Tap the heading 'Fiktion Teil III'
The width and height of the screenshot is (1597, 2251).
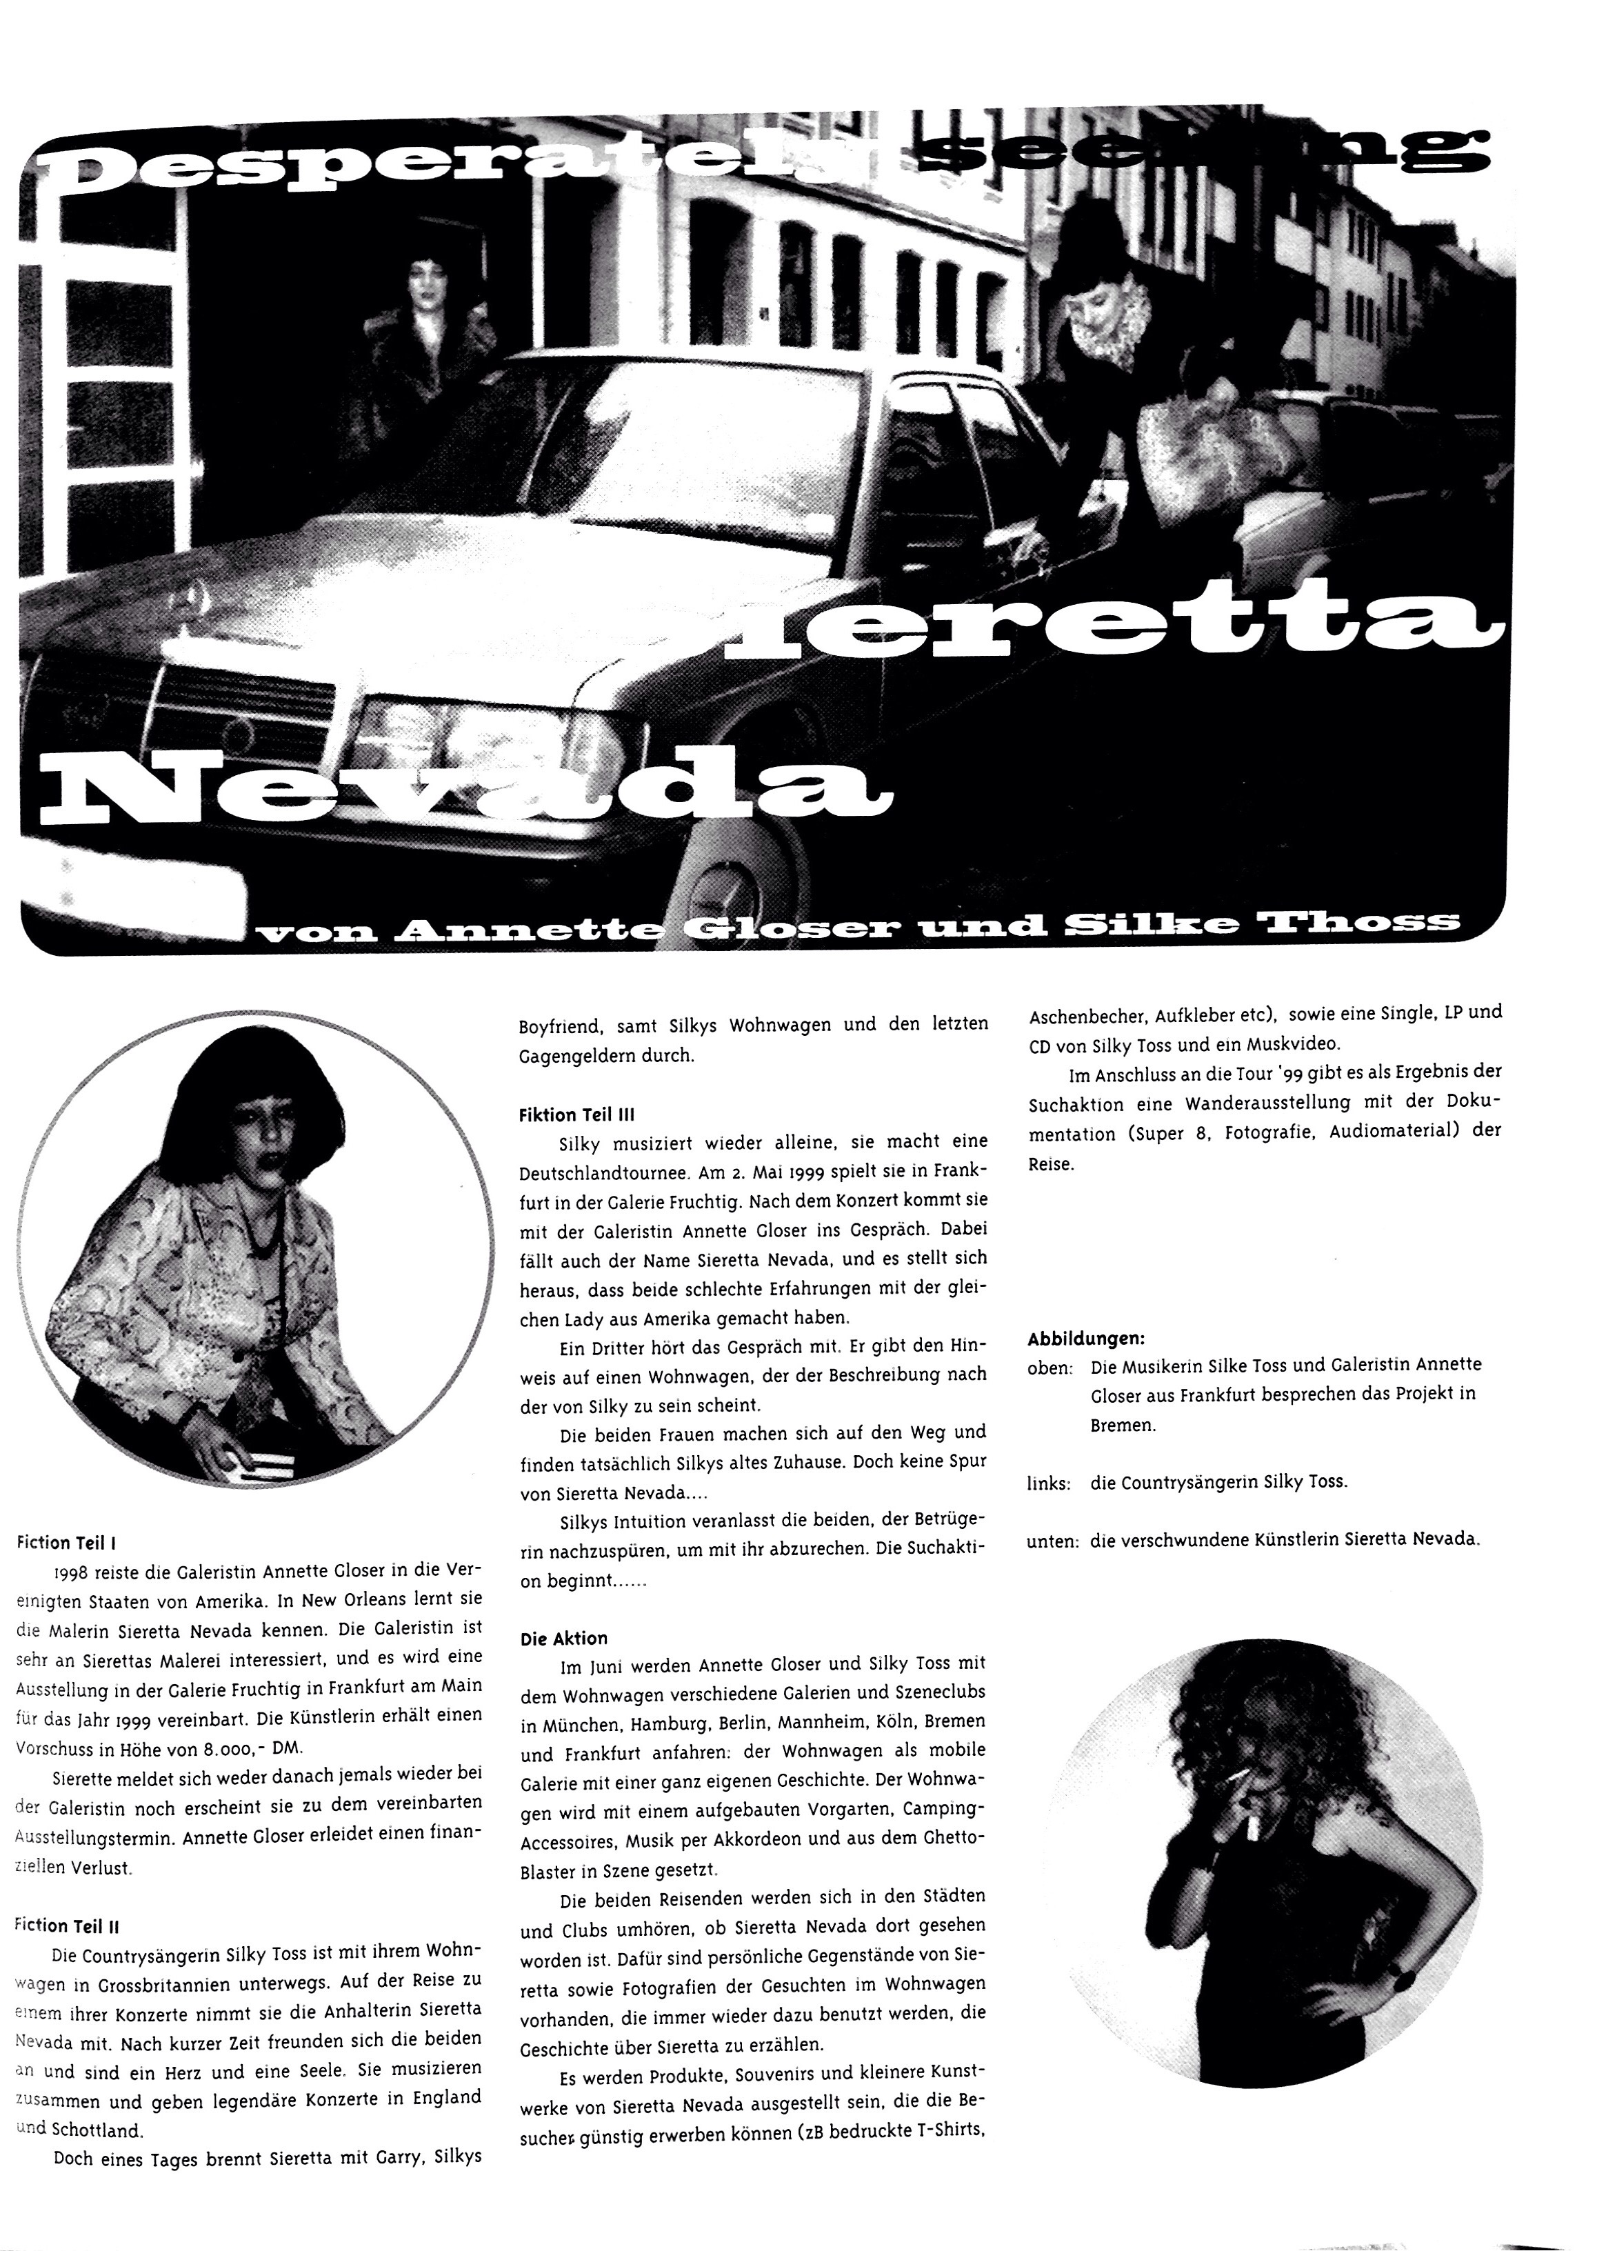coord(576,1114)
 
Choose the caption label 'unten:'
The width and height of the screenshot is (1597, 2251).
coord(1052,1541)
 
